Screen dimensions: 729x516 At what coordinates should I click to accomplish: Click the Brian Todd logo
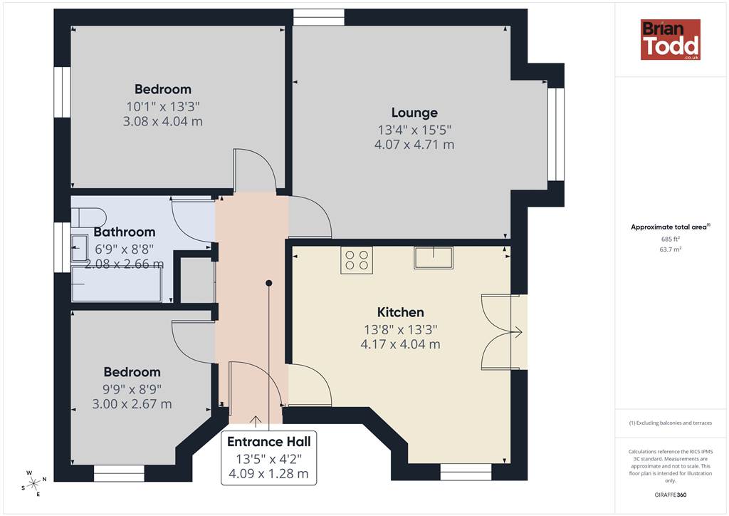coord(671,39)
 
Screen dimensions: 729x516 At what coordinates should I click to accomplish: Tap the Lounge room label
coord(414,113)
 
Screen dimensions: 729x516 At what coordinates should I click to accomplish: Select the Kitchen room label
coord(400,312)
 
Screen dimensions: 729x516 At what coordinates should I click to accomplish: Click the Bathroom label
coord(125,232)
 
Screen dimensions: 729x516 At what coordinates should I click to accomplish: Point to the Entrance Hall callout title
coord(268,442)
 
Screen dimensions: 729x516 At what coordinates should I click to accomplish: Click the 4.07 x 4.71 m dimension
coord(414,145)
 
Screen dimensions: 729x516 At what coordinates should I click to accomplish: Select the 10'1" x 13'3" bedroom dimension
coord(163,107)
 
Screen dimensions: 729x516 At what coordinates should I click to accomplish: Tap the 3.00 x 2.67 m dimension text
coord(132,404)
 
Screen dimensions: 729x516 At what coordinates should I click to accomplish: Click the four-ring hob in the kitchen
coord(357,261)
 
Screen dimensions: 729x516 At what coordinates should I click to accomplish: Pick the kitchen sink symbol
coord(434,258)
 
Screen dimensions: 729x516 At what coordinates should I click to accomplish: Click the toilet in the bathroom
coord(88,217)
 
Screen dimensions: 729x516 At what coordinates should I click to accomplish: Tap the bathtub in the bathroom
coord(116,284)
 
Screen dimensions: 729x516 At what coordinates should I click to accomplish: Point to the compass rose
coord(33,484)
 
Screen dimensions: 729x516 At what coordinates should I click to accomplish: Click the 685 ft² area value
coord(671,239)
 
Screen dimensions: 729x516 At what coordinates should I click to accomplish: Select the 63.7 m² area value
coord(671,249)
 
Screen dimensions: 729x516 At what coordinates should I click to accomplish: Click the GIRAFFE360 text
coord(671,495)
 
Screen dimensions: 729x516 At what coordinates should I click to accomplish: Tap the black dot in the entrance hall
coord(268,283)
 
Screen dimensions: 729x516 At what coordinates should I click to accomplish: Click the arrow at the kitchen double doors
coord(516,332)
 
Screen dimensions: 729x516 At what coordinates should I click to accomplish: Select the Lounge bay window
coord(555,134)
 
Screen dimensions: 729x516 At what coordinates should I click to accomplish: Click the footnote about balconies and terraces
coord(671,423)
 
